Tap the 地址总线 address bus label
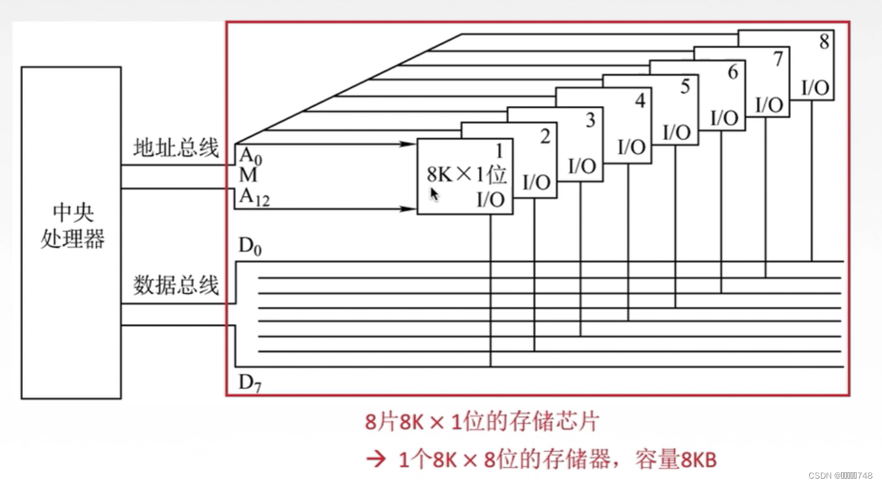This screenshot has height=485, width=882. (176, 149)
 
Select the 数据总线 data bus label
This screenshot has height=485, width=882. (176, 285)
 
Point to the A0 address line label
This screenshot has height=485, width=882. (250, 155)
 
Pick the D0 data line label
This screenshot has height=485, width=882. (250, 247)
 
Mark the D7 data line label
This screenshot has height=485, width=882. (250, 384)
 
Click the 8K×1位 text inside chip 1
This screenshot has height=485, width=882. (466, 174)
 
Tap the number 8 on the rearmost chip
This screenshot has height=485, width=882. (825, 42)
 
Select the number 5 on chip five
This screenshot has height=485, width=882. (685, 87)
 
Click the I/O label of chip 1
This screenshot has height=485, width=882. (490, 200)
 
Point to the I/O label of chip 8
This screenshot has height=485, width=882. (814, 89)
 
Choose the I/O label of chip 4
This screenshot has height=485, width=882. (631, 147)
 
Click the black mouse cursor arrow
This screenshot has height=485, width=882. (434, 194)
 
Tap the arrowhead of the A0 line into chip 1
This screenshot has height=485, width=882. (411, 145)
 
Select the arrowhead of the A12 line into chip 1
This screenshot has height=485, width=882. (411, 209)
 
